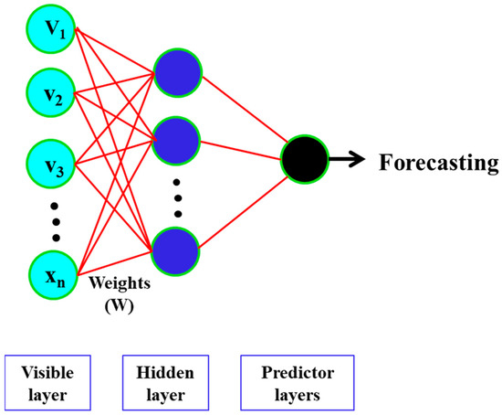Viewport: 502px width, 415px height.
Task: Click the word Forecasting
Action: coord(437,163)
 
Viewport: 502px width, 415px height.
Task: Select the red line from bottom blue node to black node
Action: coord(242,207)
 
